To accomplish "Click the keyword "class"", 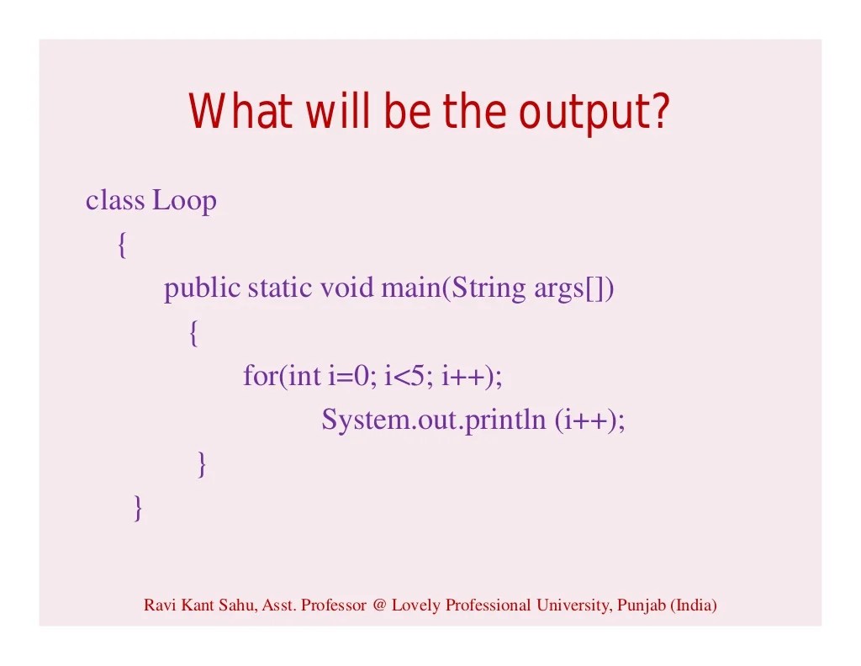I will pos(115,201).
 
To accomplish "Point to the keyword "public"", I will pos(202,288).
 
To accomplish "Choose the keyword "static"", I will pos(281,288).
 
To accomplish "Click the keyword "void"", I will pos(347,288).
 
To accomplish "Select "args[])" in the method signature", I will pos(574,289).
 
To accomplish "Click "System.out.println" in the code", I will pos(434,420).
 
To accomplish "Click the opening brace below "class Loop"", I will pos(122,246).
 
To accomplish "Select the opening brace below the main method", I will pos(193,334).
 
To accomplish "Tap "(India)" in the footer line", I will pos(694,605).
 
